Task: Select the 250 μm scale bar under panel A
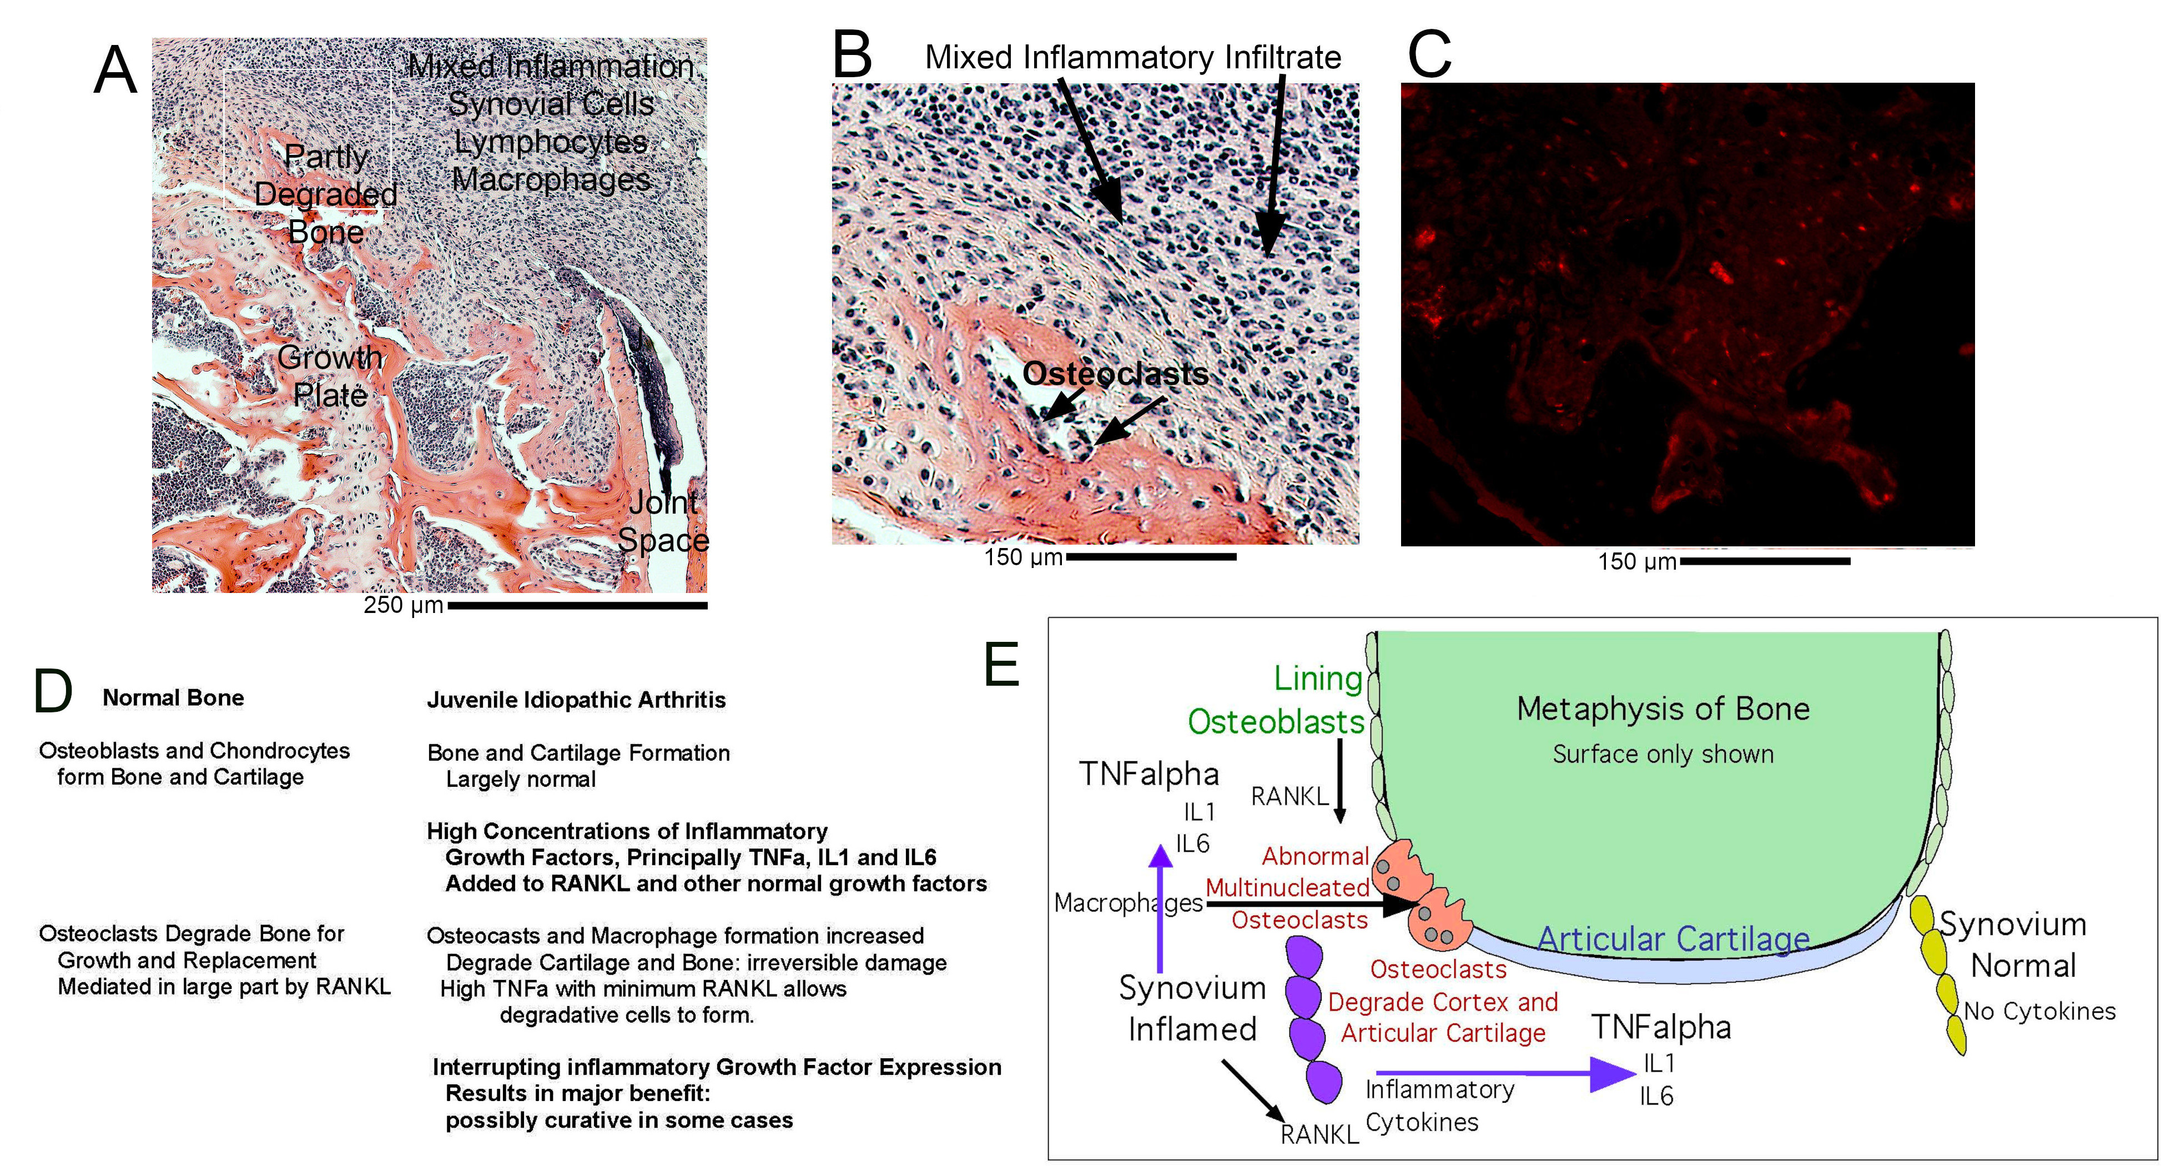tap(577, 605)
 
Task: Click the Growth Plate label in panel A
tap(330, 376)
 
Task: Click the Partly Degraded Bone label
tap(325, 194)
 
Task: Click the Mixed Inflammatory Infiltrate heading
tap(1132, 57)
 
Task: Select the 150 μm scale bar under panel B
tap(1150, 556)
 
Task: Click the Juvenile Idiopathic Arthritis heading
tap(576, 700)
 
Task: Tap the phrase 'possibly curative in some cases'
tap(618, 1120)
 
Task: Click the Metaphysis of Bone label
tap(1663, 709)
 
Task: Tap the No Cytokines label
tap(2040, 1011)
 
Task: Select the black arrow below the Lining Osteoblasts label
tap(1339, 780)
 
